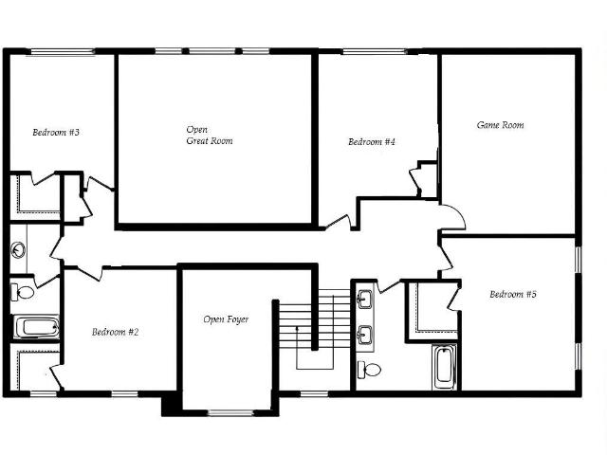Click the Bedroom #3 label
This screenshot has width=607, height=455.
pos(56,133)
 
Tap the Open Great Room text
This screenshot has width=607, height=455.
pos(210,135)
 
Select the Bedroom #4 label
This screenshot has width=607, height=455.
pos(372,141)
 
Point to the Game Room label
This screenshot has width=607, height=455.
pos(500,125)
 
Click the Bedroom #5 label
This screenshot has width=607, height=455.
pos(513,294)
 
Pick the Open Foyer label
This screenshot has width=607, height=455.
pos(226,319)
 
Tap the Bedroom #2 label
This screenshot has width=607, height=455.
pos(115,332)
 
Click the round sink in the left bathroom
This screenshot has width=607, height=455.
pos(18,250)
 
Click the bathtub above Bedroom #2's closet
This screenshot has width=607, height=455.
pos(37,327)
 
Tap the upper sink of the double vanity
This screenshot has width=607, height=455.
pos(364,300)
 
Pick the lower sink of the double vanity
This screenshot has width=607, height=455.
pos(364,335)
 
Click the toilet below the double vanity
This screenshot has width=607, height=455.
pos(369,370)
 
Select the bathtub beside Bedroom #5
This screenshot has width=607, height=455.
pos(444,367)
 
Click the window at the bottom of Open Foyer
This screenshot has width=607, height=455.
pos(231,413)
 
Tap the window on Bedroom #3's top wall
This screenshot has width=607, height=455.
pos(63,52)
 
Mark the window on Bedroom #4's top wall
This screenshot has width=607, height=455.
pos(375,52)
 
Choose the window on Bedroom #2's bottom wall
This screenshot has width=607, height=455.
pos(124,394)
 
